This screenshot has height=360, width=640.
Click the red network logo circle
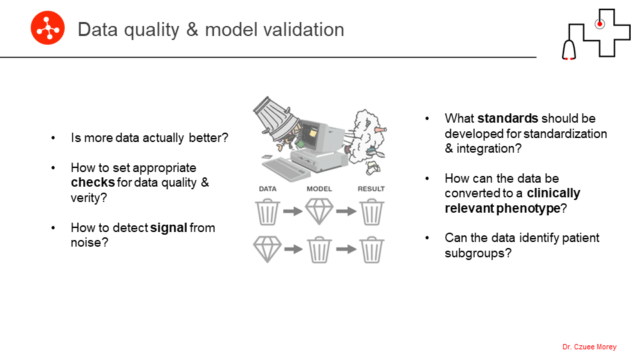point(48,28)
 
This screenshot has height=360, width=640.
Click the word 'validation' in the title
point(304,30)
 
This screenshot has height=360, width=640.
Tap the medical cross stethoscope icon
point(596,34)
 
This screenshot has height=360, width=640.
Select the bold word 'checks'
point(93,183)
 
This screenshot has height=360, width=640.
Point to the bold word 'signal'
point(169,228)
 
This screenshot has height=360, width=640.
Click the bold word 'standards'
point(508,119)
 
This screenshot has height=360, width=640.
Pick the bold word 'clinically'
point(553,193)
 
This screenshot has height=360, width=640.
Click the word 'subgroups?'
point(478,253)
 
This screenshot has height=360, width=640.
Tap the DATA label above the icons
point(268,189)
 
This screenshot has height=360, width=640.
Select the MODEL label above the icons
point(319,189)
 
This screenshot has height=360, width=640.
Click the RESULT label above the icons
point(371,189)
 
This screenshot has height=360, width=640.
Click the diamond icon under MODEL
point(319,211)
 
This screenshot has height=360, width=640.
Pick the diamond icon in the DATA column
point(267,249)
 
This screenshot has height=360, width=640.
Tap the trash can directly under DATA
point(268,212)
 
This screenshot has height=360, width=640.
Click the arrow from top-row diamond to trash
point(346,211)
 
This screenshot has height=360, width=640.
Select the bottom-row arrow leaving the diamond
point(293,249)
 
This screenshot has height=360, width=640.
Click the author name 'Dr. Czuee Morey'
point(589,347)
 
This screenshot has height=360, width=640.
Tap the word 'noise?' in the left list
point(89,243)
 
